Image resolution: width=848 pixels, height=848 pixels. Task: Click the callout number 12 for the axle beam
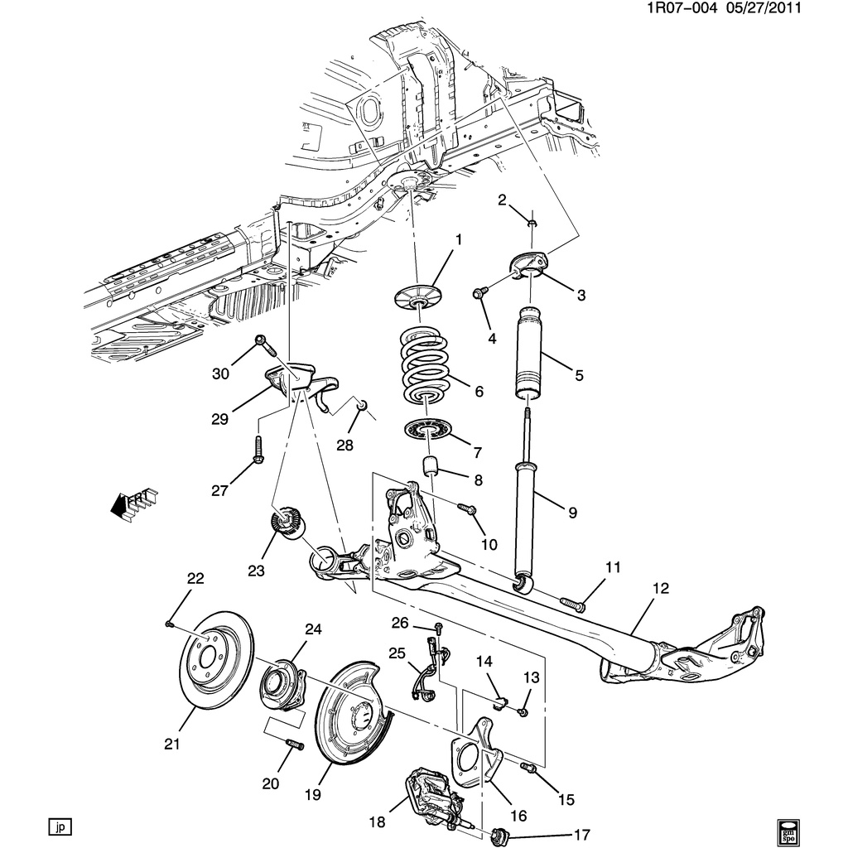pos(660,589)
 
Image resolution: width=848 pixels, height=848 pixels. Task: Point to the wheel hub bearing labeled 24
pos(281,683)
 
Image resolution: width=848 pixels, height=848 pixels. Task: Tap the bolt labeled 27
pos(258,448)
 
